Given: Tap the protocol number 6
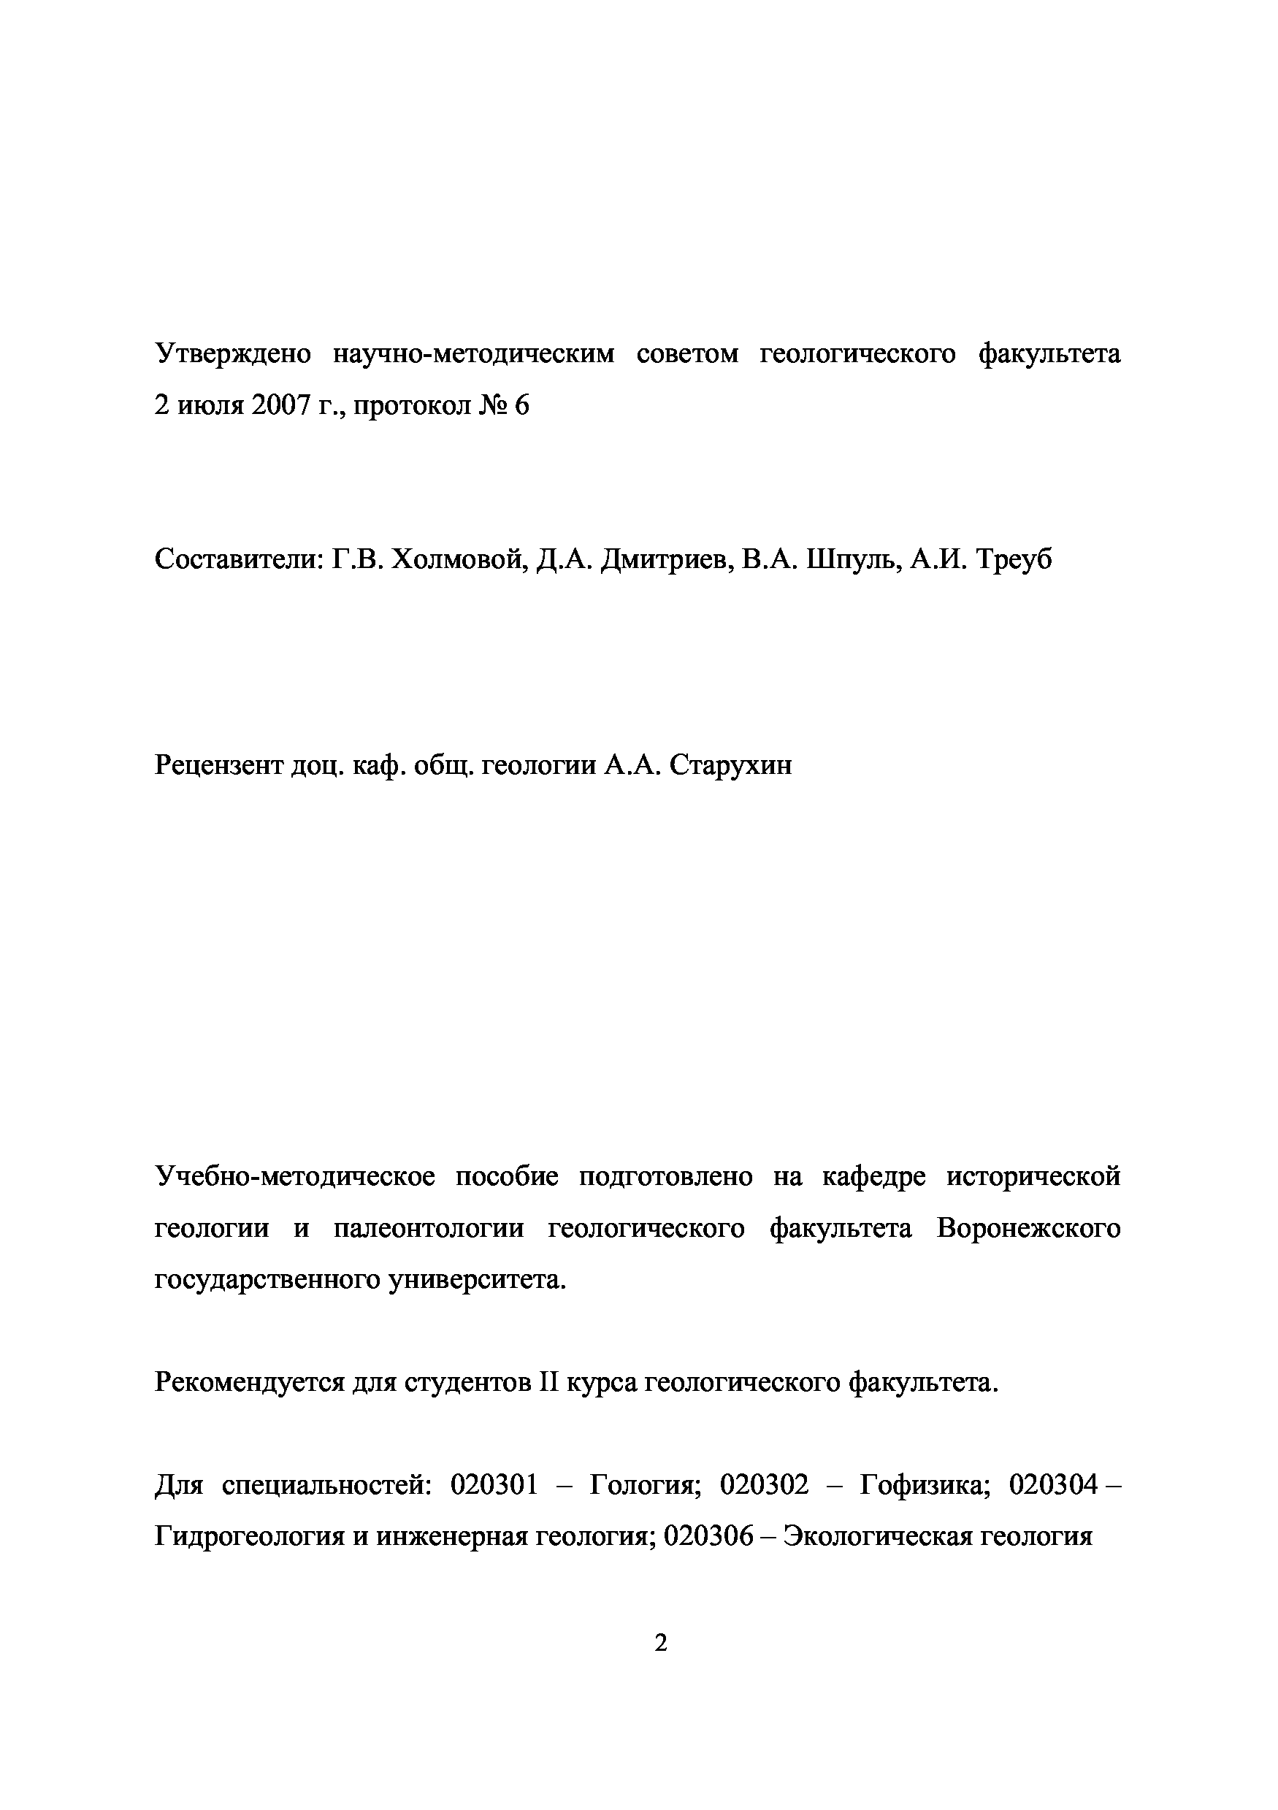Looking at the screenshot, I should tap(521, 405).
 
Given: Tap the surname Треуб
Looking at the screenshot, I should tap(1014, 560).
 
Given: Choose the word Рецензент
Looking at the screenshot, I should tap(218, 764).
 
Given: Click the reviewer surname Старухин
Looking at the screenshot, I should tap(731, 764).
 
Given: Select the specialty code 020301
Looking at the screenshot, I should tap(494, 1485).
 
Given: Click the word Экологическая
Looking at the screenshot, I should tap(889, 1536).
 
